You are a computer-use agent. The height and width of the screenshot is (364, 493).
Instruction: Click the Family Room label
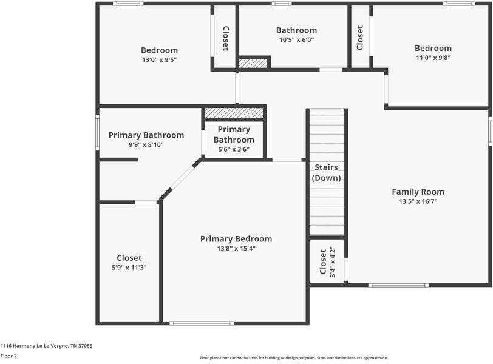coord(418,192)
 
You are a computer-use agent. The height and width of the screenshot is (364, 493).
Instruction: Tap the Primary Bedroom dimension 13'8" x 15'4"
coord(236,249)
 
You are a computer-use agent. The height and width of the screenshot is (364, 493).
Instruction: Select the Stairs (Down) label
coord(327,173)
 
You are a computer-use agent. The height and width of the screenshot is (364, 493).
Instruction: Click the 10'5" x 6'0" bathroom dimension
coord(296,40)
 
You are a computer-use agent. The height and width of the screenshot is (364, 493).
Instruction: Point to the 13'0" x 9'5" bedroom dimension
coord(159,60)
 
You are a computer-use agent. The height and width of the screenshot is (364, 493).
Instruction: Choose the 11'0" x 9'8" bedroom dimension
coord(433,58)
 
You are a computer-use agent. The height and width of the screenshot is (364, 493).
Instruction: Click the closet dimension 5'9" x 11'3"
coord(129,268)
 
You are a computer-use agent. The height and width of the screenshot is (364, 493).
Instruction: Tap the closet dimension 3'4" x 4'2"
coord(331,262)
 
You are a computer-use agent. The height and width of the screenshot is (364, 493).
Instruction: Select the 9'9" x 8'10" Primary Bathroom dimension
coord(146,145)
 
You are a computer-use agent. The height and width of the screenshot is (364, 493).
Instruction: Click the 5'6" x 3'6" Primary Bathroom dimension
coord(234,150)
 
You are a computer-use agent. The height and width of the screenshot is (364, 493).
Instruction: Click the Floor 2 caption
coord(8,356)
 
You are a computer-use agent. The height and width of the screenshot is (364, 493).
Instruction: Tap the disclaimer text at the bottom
coord(293,358)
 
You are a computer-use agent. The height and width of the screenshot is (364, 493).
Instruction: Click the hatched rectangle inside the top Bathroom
coord(253,63)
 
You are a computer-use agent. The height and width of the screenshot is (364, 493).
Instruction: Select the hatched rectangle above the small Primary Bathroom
coord(234,113)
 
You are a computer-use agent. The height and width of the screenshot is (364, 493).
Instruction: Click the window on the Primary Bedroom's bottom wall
coord(202,323)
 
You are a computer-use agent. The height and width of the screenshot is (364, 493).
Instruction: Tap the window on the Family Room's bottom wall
coord(398,285)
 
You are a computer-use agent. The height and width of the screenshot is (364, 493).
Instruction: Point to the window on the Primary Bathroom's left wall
coord(97,132)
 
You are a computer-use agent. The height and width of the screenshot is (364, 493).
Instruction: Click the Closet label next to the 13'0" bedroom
coord(225,38)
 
